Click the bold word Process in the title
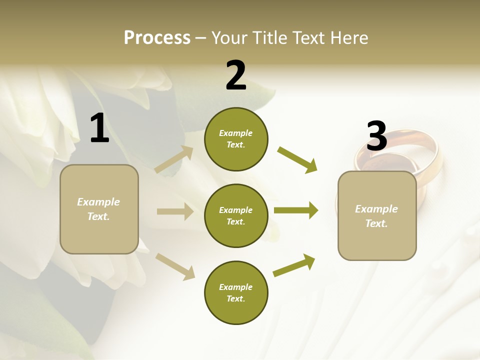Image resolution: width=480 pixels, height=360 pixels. coord(157,38)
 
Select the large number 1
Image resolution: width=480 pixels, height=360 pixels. coord(99,128)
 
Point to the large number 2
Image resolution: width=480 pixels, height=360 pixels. coord(236,75)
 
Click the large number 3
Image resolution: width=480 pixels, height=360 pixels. coord(376,136)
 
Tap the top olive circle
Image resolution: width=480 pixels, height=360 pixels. coord(236,139)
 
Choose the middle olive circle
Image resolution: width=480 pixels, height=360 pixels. coord(236,215)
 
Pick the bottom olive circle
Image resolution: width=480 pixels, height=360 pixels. coord(236,292)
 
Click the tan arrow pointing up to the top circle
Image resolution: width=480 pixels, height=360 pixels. coord(174,159)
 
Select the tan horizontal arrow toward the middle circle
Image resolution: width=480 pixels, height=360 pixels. coord(175,211)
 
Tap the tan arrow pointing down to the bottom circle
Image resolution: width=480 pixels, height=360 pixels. coord(175,266)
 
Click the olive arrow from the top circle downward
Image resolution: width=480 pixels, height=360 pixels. coord(297,159)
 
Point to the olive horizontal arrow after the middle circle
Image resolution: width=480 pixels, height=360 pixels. coord(295,210)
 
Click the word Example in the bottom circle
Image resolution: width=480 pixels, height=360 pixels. coord(235,287)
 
